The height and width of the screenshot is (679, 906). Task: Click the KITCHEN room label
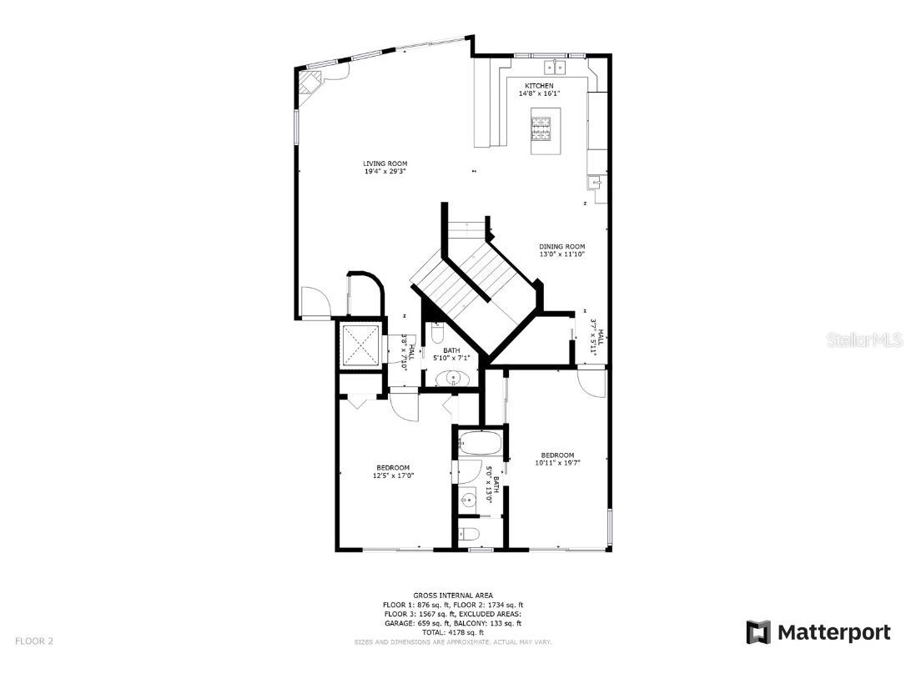click(x=538, y=86)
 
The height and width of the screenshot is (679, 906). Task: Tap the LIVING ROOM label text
click(x=385, y=163)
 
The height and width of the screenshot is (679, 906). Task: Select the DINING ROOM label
click(x=561, y=247)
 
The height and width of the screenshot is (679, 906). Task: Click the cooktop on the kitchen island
click(x=540, y=128)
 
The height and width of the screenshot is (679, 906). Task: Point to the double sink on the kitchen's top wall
click(x=555, y=66)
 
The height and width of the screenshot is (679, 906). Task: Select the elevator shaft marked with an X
click(x=360, y=344)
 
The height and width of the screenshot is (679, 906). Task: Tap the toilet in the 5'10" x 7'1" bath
click(x=438, y=335)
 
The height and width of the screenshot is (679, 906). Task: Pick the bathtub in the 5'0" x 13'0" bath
click(x=479, y=442)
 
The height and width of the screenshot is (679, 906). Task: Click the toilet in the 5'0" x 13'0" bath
click(x=471, y=534)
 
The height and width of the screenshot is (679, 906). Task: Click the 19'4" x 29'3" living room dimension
click(x=385, y=172)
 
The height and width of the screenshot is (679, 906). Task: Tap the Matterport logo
click(x=818, y=632)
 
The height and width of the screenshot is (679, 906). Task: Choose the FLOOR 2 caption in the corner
click(x=34, y=641)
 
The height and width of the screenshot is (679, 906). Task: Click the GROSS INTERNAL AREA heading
click(x=453, y=596)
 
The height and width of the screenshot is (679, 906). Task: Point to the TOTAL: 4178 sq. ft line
click(x=453, y=632)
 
